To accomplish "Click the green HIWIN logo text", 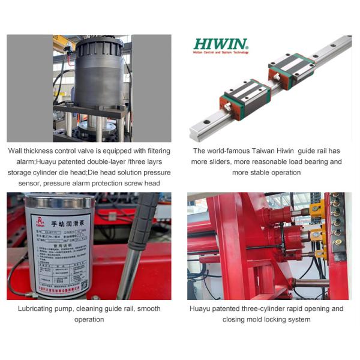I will (220, 44).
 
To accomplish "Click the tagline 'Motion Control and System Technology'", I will (220, 53).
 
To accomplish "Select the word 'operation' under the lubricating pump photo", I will (89, 319).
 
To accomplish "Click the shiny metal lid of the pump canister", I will (61, 202).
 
